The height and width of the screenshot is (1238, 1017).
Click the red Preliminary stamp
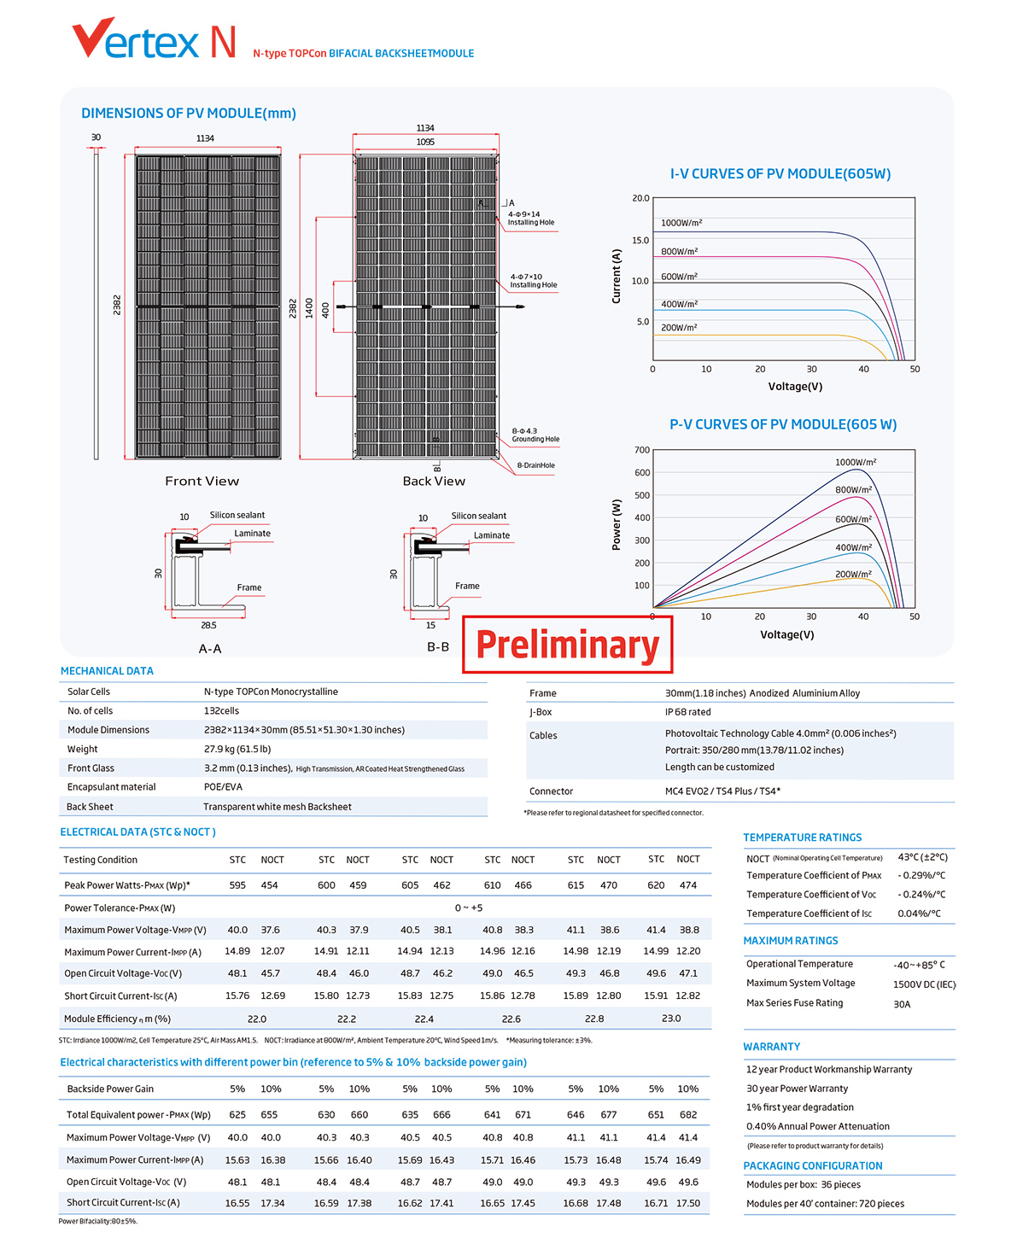coord(567,645)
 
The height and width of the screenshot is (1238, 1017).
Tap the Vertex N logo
coord(154,38)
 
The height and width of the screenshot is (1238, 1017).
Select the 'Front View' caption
coord(202,481)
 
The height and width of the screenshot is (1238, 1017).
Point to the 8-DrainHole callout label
coord(535,465)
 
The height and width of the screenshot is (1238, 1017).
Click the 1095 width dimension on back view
coord(425,142)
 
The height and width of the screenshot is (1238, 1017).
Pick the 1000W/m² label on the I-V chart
coord(681,223)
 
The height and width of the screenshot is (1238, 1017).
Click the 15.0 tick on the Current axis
coord(640,240)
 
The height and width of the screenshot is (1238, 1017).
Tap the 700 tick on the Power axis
coord(642,450)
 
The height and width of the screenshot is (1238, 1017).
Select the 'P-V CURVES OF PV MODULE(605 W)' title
coord(783,424)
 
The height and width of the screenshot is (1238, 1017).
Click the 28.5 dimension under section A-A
coord(208,625)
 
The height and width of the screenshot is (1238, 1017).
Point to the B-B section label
coord(438,647)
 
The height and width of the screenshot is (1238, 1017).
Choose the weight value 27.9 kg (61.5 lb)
coord(237,749)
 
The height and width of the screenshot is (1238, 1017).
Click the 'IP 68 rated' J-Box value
coord(687,712)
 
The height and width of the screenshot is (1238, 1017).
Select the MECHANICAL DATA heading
coord(107,671)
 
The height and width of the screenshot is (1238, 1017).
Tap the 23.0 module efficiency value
coord(671,1019)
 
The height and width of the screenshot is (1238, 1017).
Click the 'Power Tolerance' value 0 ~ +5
coord(469,908)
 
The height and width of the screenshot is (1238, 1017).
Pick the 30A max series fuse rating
coord(902,1004)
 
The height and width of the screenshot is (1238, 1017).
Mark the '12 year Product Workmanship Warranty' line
coord(829,1070)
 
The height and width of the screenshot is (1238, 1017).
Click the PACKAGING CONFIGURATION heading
coord(813,1165)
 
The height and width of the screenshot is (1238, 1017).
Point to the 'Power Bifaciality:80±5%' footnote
coord(98,1221)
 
